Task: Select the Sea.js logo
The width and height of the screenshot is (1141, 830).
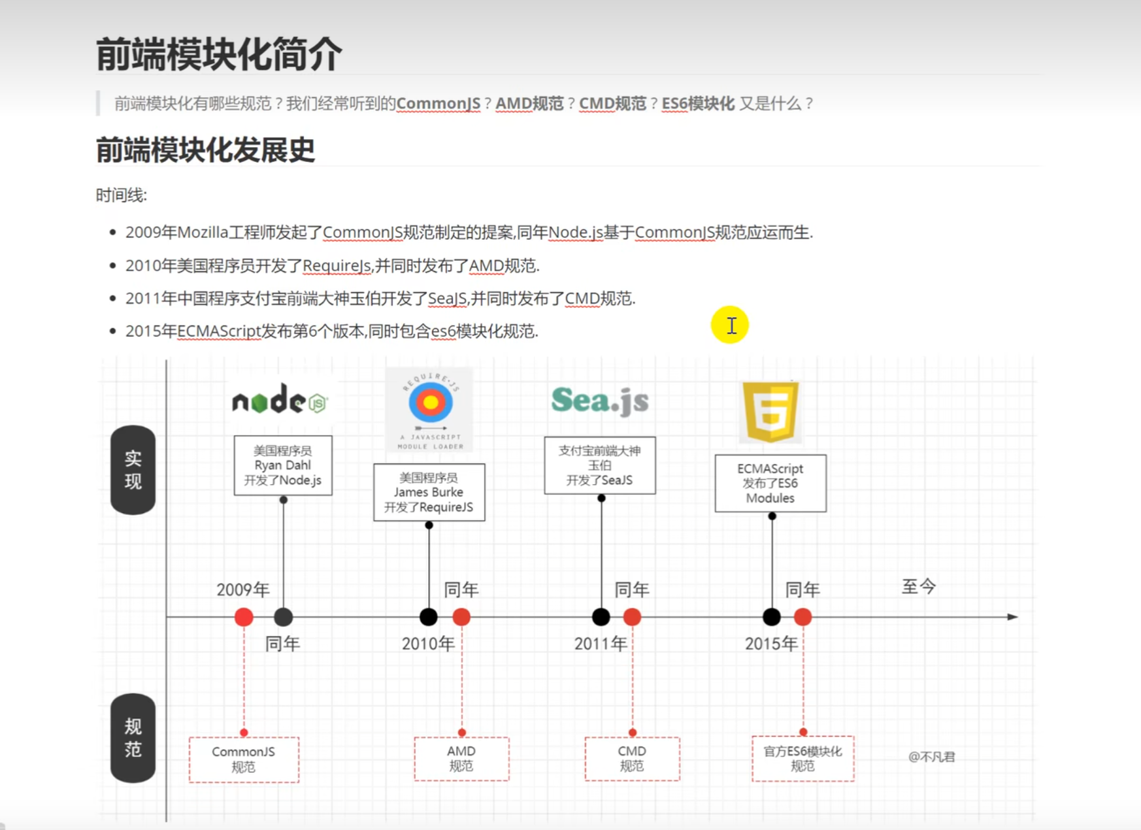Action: (x=600, y=401)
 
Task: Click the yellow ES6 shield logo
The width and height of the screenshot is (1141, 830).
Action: (x=770, y=412)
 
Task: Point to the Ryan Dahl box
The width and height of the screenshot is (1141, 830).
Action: (x=283, y=465)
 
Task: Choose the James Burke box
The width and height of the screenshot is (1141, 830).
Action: (x=429, y=492)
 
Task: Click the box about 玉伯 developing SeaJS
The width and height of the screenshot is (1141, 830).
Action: (x=600, y=465)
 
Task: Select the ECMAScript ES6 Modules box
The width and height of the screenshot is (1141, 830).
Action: (x=770, y=483)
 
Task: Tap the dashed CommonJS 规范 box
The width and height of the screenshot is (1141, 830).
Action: (x=244, y=759)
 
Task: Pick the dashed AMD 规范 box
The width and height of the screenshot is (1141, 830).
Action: (x=461, y=759)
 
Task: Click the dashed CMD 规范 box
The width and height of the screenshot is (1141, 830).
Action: (x=632, y=759)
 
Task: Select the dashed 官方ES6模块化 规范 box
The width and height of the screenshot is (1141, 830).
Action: (x=803, y=759)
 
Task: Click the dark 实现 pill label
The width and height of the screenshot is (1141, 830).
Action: (x=133, y=470)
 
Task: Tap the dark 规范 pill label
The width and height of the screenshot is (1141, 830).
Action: (x=133, y=738)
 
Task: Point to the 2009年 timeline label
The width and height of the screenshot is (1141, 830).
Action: (x=243, y=589)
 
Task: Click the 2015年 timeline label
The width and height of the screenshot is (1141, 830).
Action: (x=771, y=644)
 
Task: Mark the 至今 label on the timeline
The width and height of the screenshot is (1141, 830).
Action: (x=919, y=586)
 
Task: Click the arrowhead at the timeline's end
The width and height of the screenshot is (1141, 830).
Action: (x=1014, y=617)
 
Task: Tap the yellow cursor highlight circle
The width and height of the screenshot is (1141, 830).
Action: (x=730, y=325)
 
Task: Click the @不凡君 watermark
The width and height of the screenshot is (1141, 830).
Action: (x=932, y=757)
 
